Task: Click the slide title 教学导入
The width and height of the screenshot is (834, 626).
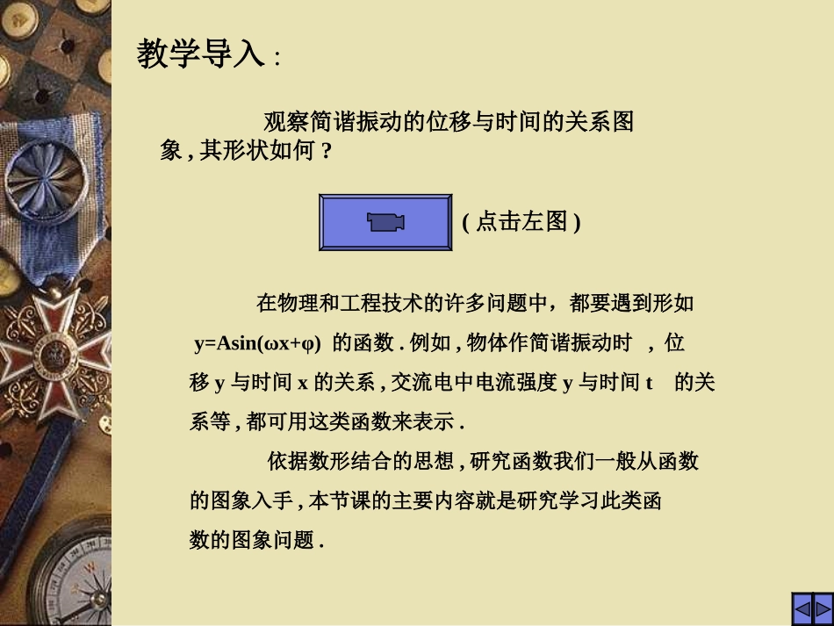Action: click(200, 54)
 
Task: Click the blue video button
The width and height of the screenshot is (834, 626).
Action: click(385, 223)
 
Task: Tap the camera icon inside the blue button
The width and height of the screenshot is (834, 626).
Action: click(386, 223)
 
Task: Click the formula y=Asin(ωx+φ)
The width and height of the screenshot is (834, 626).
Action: click(257, 343)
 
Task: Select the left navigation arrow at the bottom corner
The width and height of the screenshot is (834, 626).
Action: click(802, 608)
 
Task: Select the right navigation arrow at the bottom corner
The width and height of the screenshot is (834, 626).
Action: click(823, 608)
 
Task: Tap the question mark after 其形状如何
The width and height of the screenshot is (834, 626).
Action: click(327, 151)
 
